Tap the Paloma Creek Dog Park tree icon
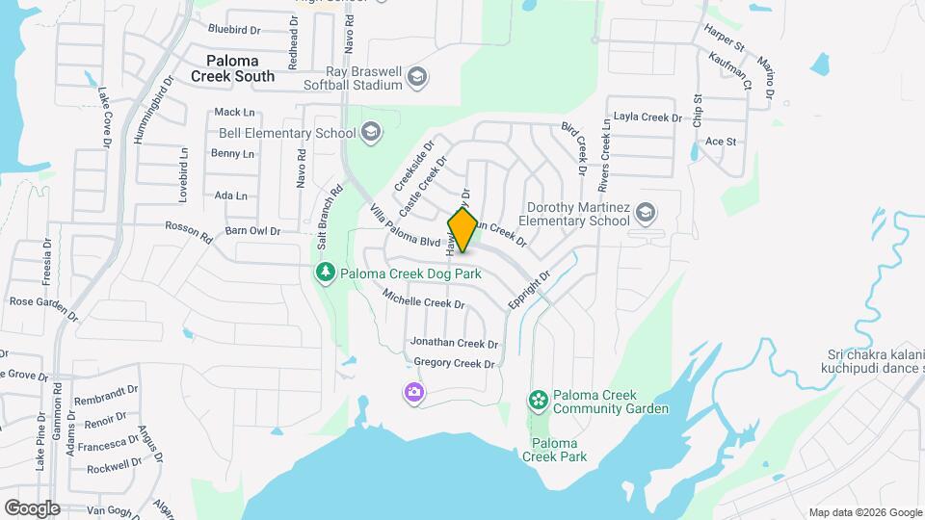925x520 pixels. pyautogui.click(x=326, y=273)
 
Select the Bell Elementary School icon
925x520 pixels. pyautogui.click(x=372, y=133)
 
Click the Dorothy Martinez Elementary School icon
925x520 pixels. pyautogui.click(x=645, y=212)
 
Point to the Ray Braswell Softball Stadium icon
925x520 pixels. pyautogui.click(x=416, y=77)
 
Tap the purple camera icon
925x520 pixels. pyautogui.click(x=414, y=391)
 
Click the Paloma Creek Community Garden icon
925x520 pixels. pyautogui.click(x=538, y=399)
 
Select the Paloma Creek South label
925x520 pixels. pyautogui.click(x=232, y=67)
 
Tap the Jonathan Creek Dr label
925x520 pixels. pyautogui.click(x=454, y=343)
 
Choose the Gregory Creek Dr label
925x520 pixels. pyautogui.click(x=454, y=363)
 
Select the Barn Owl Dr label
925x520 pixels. pyautogui.click(x=251, y=231)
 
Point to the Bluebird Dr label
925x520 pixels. pyautogui.click(x=234, y=29)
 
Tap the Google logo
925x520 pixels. pyautogui.click(x=32, y=507)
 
